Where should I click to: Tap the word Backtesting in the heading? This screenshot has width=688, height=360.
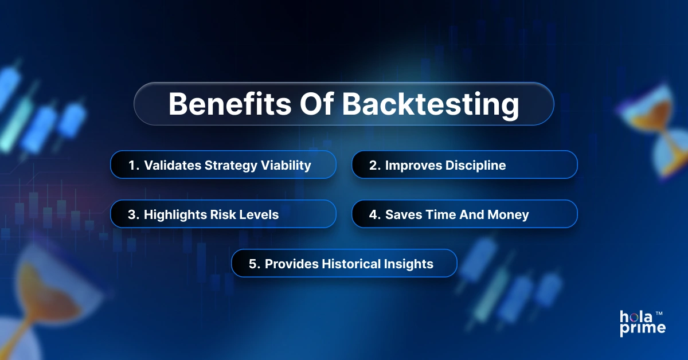tap(431, 104)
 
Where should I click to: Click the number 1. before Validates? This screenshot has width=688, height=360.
tap(134, 166)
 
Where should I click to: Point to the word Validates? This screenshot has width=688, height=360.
tap(170, 166)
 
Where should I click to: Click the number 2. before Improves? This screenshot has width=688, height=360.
tap(375, 166)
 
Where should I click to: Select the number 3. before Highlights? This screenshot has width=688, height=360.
tap(134, 214)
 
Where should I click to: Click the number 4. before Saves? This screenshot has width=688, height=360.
tap(375, 214)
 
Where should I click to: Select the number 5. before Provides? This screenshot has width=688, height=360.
tap(255, 264)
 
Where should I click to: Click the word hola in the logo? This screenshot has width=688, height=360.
tap(635, 316)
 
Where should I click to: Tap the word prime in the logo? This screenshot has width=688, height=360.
tap(642, 328)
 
